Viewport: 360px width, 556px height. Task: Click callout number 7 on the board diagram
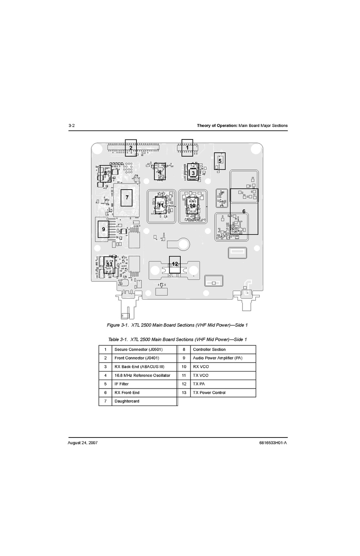[127, 197]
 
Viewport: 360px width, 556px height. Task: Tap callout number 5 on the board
[220, 161]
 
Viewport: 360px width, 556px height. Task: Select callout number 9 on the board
[103, 229]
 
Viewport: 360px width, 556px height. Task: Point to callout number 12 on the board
[175, 264]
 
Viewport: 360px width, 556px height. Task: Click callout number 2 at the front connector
[131, 148]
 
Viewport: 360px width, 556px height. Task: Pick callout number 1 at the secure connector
[187, 148]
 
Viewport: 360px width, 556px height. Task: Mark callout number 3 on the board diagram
[193, 173]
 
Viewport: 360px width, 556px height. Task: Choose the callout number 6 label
[244, 211]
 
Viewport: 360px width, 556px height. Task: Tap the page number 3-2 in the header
[72, 125]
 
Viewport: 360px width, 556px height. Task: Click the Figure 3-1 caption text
[177, 325]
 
